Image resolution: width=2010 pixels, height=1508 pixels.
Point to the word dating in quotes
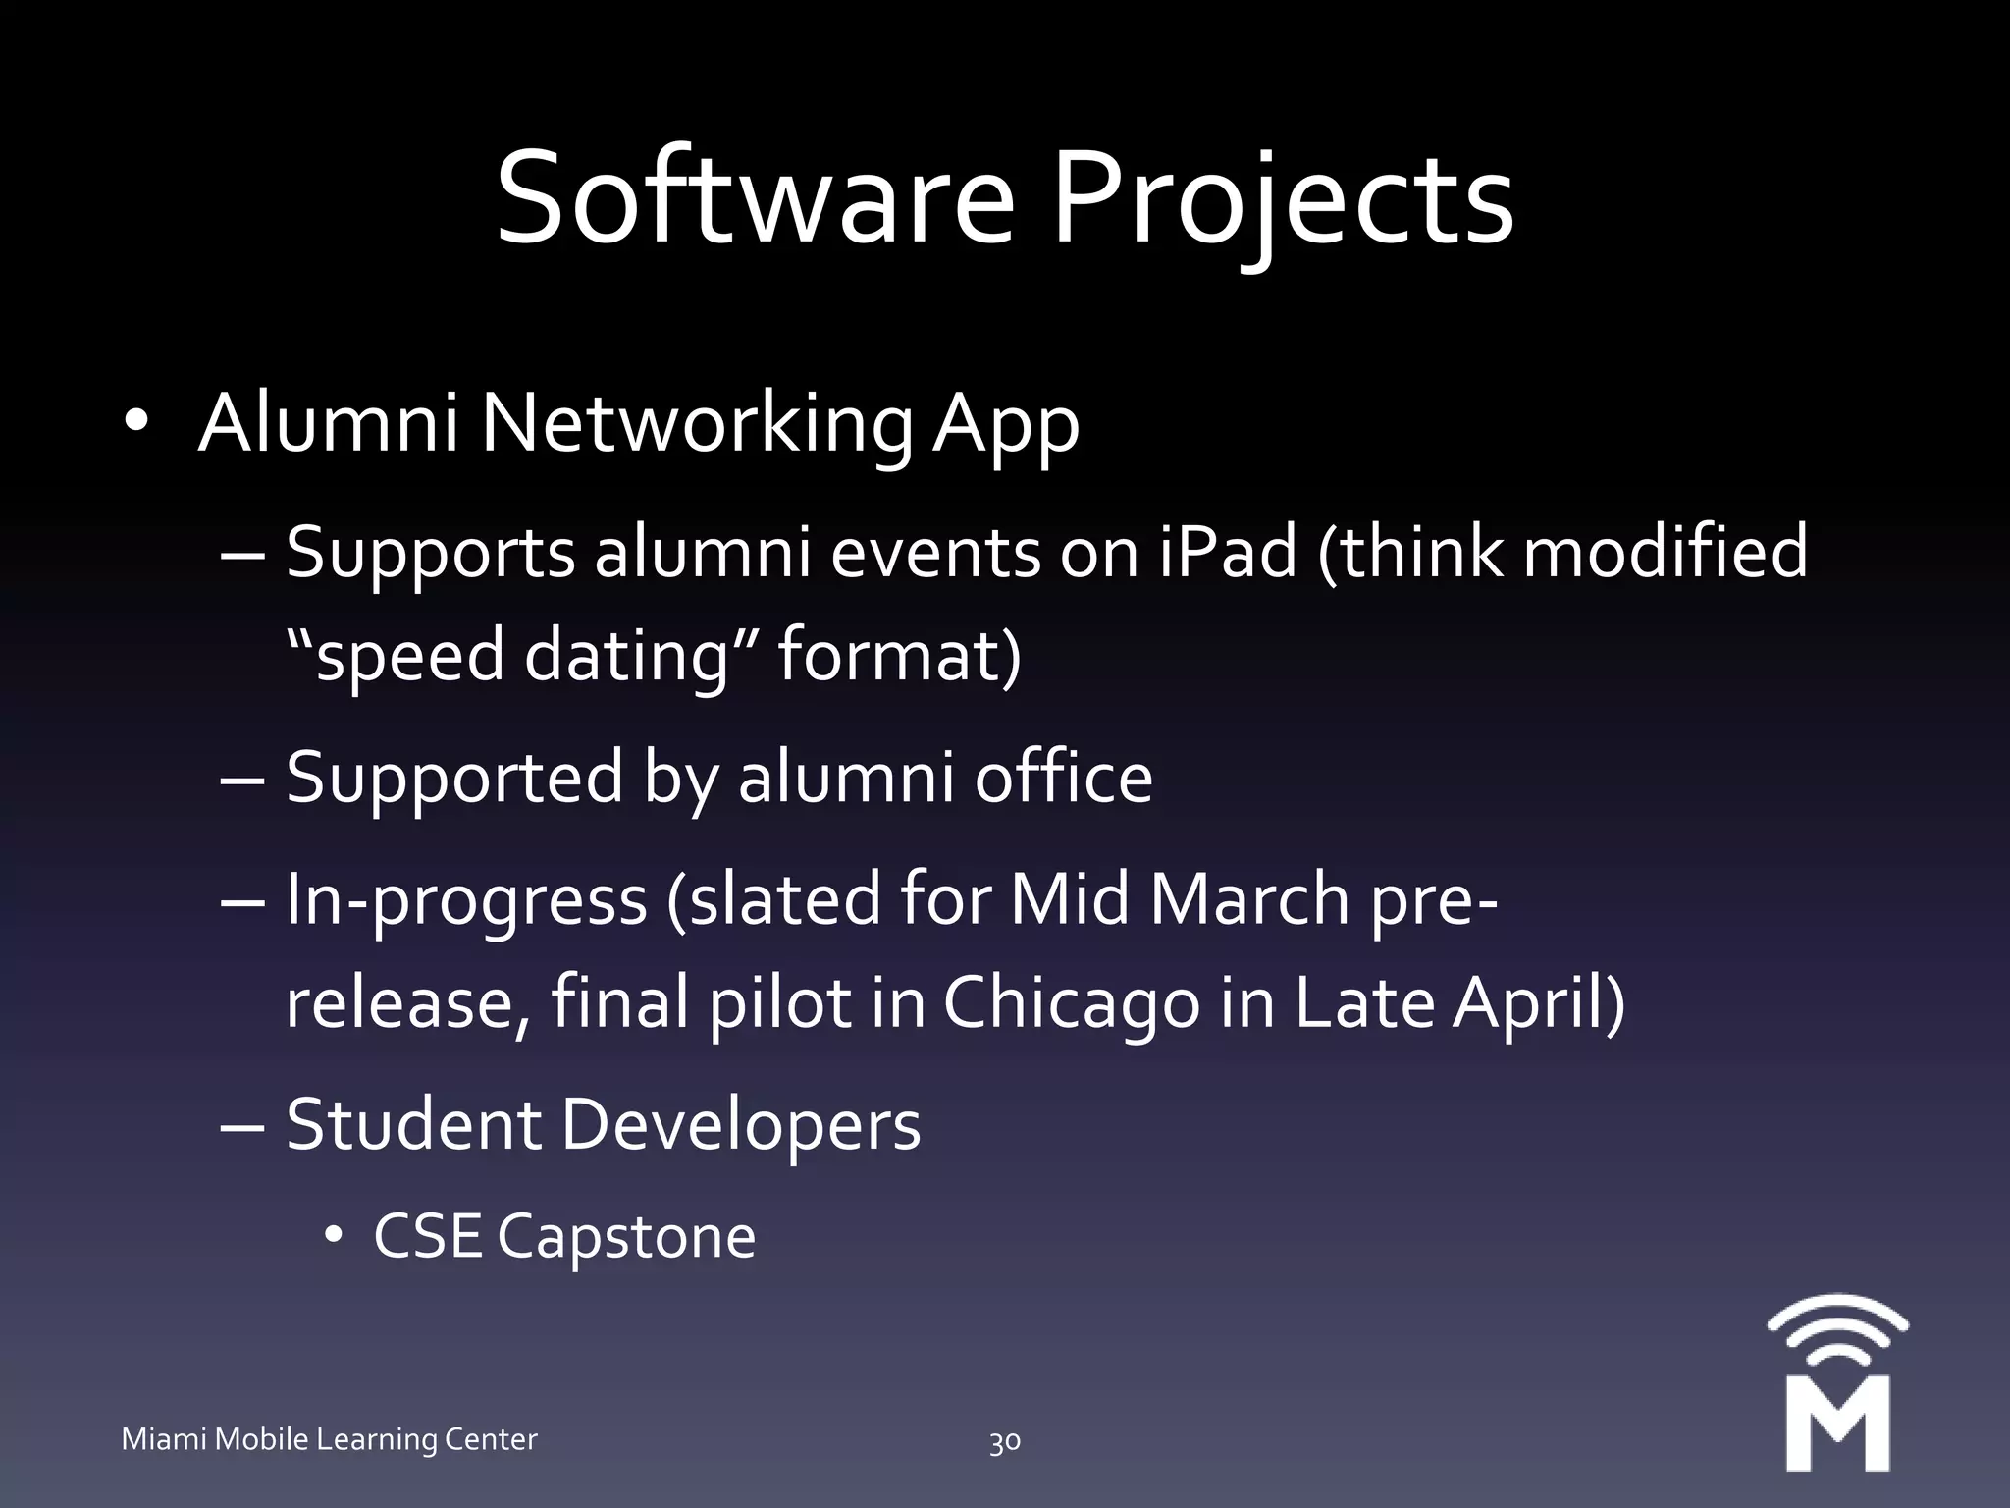click(625, 656)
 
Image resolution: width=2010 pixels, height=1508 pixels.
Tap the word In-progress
click(466, 900)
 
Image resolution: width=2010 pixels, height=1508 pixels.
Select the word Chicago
click(1072, 1003)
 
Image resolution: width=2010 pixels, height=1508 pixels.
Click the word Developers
click(741, 1124)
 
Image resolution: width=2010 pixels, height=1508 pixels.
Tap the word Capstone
click(626, 1237)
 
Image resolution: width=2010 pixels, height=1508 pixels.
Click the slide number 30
click(1004, 1441)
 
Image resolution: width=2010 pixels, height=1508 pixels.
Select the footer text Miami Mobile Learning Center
click(329, 1439)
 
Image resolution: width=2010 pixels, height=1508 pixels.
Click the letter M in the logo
click(1837, 1424)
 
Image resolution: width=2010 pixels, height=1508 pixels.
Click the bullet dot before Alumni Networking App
click(136, 422)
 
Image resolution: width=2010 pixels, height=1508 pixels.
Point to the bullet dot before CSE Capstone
click(334, 1236)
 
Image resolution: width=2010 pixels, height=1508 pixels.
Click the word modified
click(1665, 552)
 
